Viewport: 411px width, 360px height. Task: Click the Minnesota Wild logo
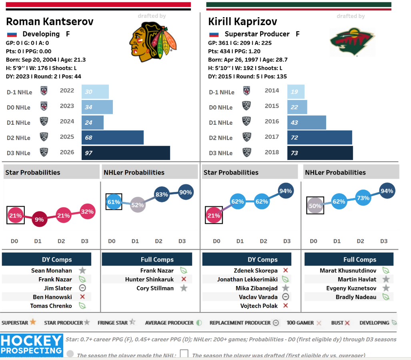352,42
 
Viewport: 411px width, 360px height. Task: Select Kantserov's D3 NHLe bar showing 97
126,153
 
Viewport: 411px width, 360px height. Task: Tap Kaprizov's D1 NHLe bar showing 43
306,122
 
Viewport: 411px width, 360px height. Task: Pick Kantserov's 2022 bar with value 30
95,92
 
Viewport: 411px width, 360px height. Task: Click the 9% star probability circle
39,219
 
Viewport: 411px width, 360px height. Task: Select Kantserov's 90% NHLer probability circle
185,192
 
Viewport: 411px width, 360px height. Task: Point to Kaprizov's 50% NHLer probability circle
315,206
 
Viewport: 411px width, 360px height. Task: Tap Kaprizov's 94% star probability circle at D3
285,191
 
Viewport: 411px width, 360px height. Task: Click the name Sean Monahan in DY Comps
52,271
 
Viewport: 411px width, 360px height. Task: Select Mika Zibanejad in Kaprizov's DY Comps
256,288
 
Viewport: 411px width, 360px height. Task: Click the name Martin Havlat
357,280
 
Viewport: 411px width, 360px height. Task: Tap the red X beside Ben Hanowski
82,297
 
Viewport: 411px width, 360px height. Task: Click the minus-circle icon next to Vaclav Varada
285,297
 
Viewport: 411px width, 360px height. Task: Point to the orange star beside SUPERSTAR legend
33,322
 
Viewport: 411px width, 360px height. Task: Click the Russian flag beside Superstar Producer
214,34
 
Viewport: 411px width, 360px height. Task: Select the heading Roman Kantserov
50,22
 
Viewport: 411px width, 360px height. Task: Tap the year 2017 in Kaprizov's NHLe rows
272,137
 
